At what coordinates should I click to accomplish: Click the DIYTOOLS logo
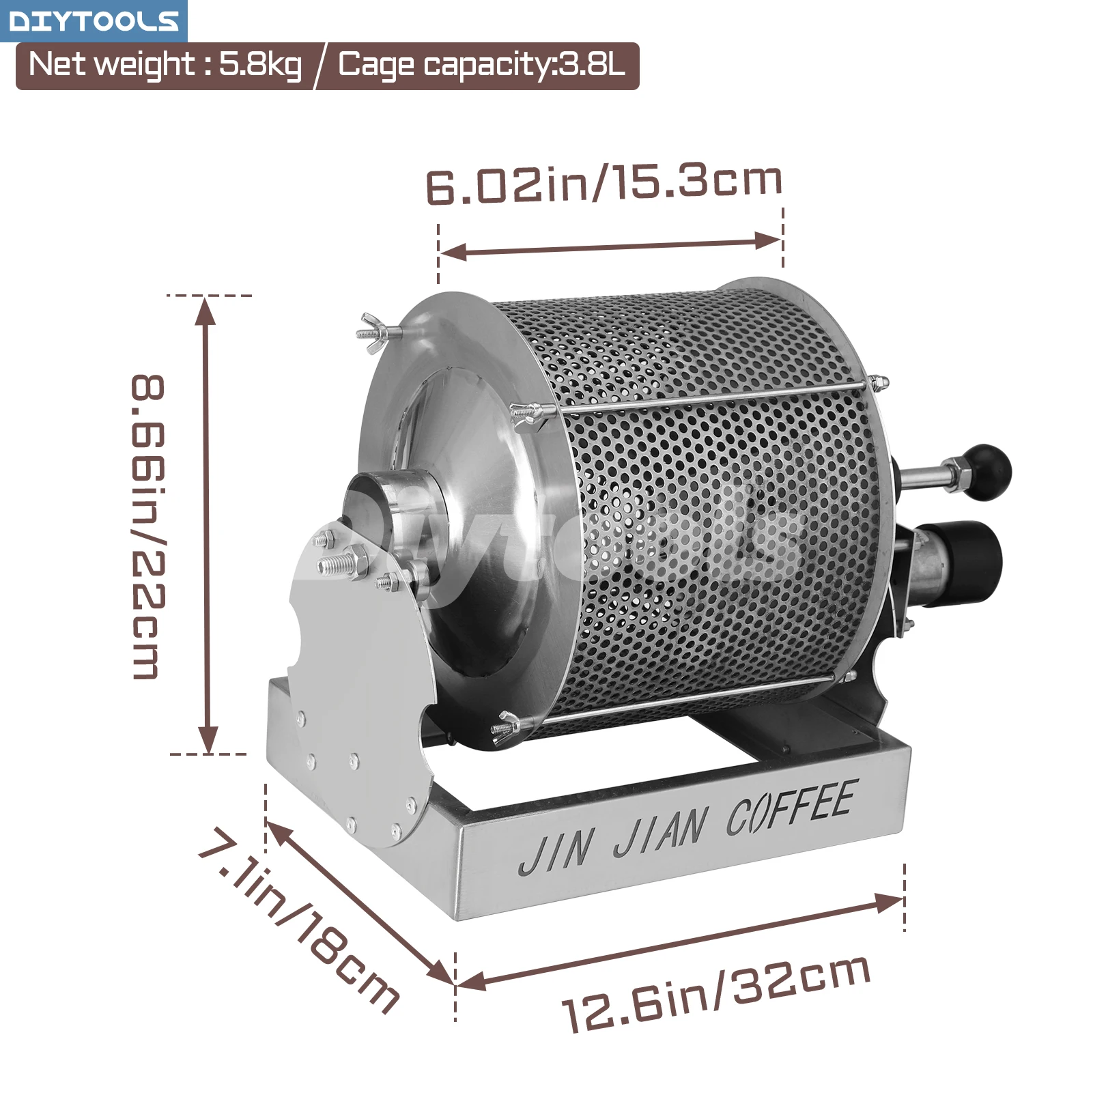[x=94, y=20]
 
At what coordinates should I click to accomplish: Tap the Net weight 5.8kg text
[x=165, y=66]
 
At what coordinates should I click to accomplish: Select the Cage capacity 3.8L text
[x=481, y=66]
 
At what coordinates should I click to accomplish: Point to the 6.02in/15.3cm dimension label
[x=604, y=184]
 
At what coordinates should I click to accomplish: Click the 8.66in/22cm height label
[x=148, y=526]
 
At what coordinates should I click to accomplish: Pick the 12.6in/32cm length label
[x=716, y=994]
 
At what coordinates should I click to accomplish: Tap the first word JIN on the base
[x=555, y=853]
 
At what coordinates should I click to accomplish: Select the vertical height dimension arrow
[x=207, y=526]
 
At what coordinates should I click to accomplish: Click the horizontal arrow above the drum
[x=610, y=246]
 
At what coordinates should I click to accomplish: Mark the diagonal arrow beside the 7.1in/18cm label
[x=360, y=903]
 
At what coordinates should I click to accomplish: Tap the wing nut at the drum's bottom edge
[x=507, y=725]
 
